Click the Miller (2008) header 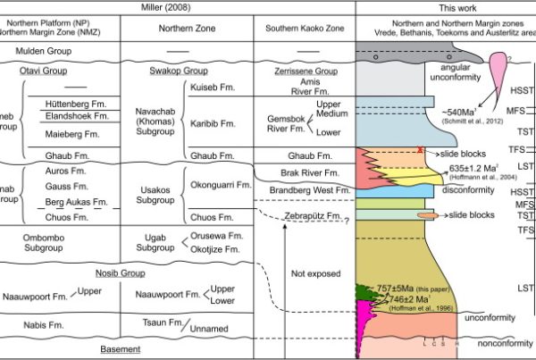click(178, 7)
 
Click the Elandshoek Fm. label click(74, 117)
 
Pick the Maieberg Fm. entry click(71, 135)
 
